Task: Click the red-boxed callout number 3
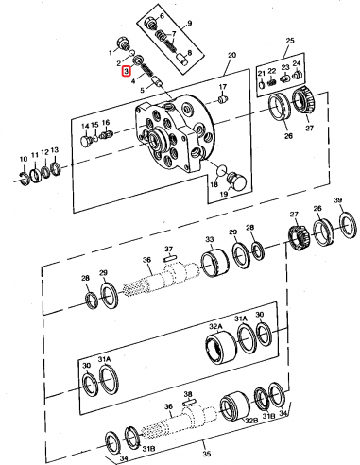tap(123, 69)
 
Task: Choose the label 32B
tap(251, 422)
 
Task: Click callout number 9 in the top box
tap(188, 22)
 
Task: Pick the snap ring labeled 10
tap(26, 174)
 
